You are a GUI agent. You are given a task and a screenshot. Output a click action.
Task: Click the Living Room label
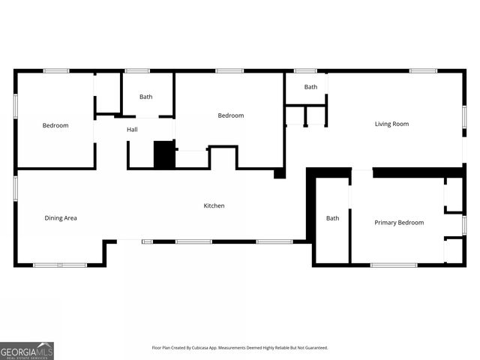391,124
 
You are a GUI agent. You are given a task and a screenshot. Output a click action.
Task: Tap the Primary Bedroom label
399,222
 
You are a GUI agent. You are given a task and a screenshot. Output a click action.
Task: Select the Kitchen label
214,205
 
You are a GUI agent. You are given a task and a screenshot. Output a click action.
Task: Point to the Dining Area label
61,218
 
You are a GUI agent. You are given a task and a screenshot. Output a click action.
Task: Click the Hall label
132,130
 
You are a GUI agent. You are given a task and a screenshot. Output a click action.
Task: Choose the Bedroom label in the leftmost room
55,125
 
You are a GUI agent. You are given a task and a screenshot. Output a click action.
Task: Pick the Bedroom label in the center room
231,115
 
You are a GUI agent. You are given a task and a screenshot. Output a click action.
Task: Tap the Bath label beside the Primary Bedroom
332,218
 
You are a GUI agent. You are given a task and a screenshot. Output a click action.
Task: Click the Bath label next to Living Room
310,87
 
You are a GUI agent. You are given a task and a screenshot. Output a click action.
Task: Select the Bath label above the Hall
145,97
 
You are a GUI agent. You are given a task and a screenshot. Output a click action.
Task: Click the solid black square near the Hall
163,154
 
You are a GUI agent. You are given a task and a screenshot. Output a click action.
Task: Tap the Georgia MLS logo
27,350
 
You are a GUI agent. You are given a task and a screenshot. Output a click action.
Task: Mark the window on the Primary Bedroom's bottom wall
394,265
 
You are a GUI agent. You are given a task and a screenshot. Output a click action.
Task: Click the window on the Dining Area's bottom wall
60,265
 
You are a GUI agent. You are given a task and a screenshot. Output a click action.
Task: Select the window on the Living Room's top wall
423,70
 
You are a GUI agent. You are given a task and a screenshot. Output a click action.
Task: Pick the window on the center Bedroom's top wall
229,70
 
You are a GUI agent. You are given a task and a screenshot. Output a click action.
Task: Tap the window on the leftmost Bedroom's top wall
56,70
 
